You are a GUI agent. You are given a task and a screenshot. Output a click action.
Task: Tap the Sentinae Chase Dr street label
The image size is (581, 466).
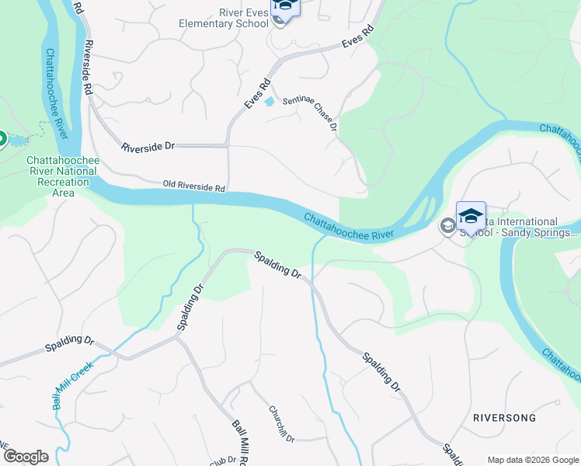[x=309, y=113]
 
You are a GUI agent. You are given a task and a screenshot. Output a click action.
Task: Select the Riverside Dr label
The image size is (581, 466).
[x=149, y=146]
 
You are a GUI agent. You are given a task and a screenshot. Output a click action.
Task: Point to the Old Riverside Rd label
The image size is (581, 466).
[x=193, y=187]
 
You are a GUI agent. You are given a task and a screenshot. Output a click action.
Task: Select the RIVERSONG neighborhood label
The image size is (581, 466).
[x=504, y=418]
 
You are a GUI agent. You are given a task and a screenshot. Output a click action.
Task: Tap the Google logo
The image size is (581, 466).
[x=26, y=457]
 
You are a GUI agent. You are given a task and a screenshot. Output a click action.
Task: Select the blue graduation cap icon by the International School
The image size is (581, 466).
[x=471, y=215]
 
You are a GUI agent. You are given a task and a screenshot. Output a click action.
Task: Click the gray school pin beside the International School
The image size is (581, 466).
[x=447, y=226]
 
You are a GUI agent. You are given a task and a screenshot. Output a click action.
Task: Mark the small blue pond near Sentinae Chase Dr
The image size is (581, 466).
[x=269, y=102]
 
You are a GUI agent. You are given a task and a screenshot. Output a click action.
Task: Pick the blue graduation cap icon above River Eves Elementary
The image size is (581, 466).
[x=285, y=6]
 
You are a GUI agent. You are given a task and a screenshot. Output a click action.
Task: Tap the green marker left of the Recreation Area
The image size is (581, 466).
[x=2, y=140]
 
